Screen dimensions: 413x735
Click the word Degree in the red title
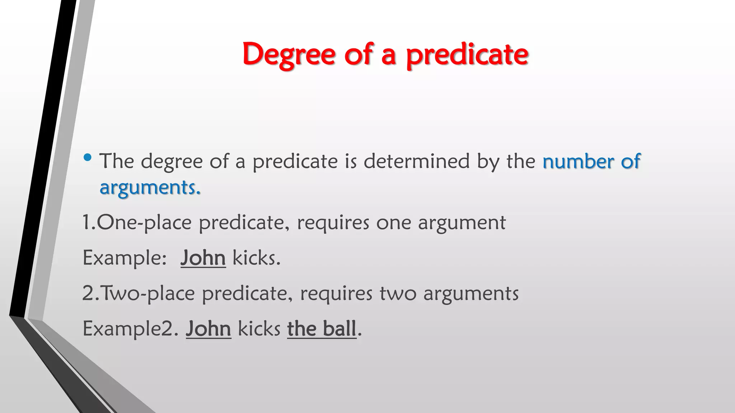(289, 54)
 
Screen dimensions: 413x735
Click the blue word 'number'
(578, 161)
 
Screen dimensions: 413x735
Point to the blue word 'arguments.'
(150, 187)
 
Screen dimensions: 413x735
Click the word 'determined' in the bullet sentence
(416, 161)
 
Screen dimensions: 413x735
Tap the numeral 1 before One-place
(86, 222)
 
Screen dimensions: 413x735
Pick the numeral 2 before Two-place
(88, 293)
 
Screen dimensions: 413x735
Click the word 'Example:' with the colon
(125, 258)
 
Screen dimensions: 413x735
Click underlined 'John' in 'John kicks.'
(203, 258)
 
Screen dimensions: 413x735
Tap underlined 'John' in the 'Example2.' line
(209, 328)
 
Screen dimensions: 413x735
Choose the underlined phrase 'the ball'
(322, 328)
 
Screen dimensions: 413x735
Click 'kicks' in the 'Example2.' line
(259, 328)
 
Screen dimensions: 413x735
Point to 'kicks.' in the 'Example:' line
(256, 258)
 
